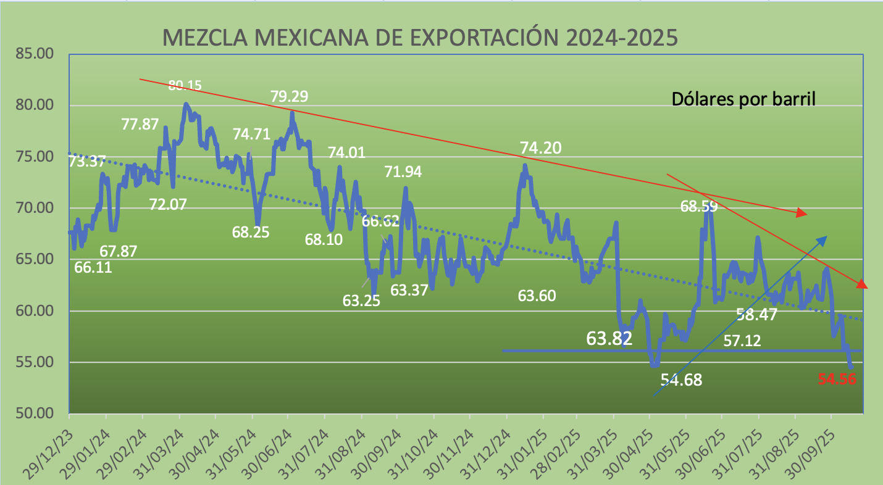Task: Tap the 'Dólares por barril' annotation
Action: click(743, 99)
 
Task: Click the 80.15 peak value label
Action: click(193, 85)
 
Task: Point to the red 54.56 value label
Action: click(837, 379)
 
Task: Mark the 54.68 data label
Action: click(682, 379)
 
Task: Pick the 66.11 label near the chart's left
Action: click(93, 267)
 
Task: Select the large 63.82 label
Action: click(609, 338)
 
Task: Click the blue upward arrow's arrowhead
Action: click(824, 238)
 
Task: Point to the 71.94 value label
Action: click(403, 172)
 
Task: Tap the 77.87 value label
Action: click(140, 124)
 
